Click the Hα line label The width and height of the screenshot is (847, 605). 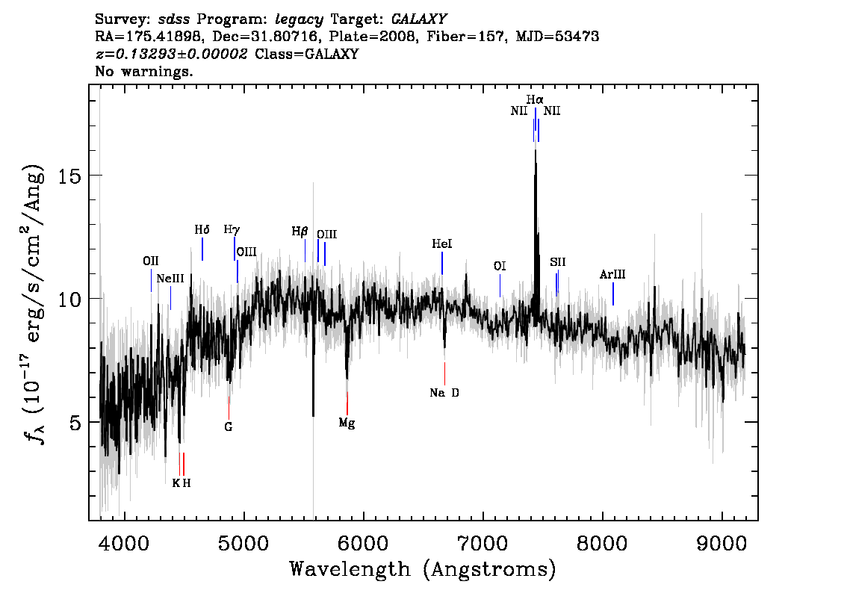[x=535, y=99]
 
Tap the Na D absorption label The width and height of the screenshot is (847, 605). [x=444, y=393]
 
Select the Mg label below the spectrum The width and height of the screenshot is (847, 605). [x=347, y=423]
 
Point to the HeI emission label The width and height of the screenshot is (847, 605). [x=442, y=244]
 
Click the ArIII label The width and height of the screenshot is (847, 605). [x=612, y=274]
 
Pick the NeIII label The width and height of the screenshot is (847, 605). [x=170, y=279]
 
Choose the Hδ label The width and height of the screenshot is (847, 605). [x=202, y=230]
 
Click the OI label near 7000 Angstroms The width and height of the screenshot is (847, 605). [x=500, y=266]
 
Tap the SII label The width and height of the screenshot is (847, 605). [x=557, y=262]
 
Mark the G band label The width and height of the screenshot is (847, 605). [x=229, y=427]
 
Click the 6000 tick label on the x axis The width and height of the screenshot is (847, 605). [x=363, y=543]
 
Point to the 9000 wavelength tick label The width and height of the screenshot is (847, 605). [x=722, y=543]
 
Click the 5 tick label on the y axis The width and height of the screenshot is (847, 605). [x=75, y=422]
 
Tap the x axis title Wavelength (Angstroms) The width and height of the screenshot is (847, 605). [x=423, y=569]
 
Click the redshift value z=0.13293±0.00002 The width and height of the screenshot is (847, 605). [x=171, y=54]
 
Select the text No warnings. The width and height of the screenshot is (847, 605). [x=143, y=71]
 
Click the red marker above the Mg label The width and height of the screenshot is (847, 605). [x=347, y=403]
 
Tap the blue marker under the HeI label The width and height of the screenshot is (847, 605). [x=442, y=263]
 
